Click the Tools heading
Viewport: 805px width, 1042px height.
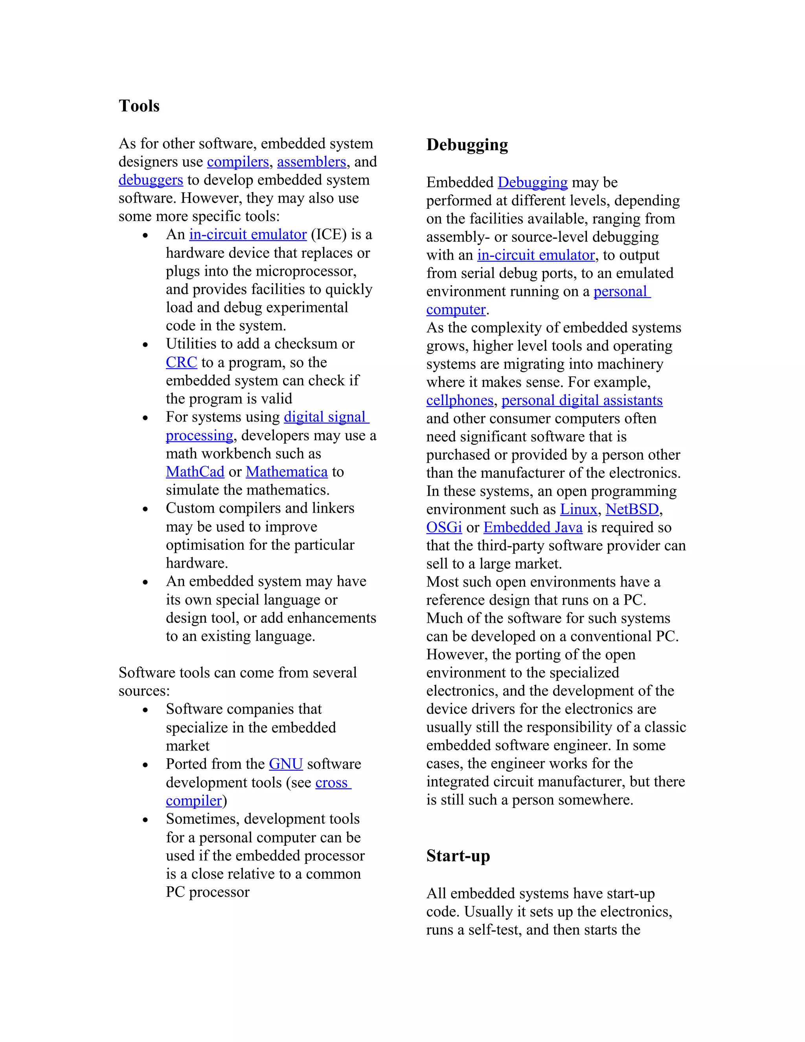139,106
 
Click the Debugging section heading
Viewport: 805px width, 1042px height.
467,145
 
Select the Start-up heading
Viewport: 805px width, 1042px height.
458,856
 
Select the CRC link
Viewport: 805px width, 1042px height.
181,362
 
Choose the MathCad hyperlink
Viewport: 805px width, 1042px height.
195,471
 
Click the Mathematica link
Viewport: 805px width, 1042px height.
287,471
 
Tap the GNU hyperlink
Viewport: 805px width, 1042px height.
286,764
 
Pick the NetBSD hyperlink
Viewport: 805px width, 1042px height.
632,509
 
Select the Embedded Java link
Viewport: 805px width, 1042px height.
533,527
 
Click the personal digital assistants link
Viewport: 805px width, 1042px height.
582,400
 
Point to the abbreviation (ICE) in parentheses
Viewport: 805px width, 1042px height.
329,234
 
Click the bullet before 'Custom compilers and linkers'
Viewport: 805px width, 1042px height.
145,509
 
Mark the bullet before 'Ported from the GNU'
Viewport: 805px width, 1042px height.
145,765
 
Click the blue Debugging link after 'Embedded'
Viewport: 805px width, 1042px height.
532,182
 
